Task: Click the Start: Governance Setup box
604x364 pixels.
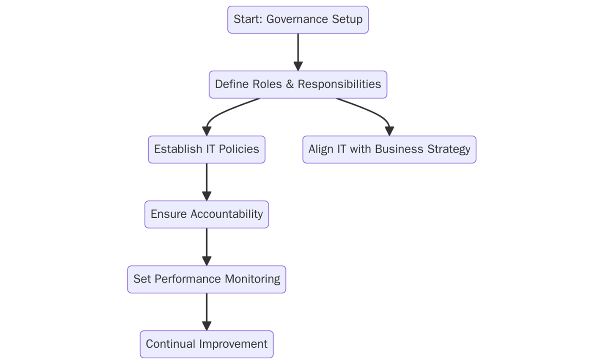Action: [x=298, y=20]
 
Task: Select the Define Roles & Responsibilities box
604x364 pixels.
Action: [x=298, y=85]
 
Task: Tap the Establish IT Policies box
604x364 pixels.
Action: [x=206, y=149]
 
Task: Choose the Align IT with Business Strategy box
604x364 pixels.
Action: [x=389, y=149]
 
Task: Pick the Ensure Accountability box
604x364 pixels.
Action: [x=206, y=214]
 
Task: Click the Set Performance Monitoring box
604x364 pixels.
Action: [x=206, y=279]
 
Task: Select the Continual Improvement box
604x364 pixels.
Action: [x=206, y=344]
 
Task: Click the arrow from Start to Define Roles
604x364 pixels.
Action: [x=298, y=50]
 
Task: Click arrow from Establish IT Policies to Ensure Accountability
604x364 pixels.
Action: [x=206, y=180]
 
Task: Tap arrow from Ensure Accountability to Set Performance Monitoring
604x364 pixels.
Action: [x=206, y=245]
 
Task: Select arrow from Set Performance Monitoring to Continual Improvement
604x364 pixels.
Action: [x=206, y=310]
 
